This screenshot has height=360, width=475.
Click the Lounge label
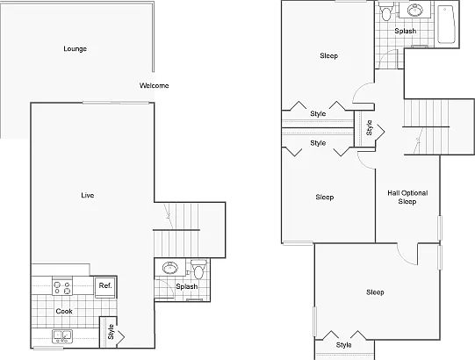(76, 49)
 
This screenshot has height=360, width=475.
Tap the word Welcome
(155, 85)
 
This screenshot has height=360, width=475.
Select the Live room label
(88, 195)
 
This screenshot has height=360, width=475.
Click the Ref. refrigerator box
(105, 287)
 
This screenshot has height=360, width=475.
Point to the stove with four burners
(62, 286)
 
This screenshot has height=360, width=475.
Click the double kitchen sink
(62, 336)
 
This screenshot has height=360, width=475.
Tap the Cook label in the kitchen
(64, 311)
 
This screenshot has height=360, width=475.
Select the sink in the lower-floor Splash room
(170, 268)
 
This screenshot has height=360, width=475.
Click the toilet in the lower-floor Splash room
(198, 269)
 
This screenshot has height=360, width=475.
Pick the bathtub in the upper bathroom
(446, 25)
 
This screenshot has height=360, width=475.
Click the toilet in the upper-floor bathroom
(386, 11)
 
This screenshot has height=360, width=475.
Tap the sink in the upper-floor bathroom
(415, 10)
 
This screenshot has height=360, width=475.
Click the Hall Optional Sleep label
(407, 198)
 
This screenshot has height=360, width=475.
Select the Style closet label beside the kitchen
(111, 332)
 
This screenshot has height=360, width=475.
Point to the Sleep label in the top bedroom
(329, 56)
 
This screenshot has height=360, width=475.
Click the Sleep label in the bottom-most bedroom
(375, 292)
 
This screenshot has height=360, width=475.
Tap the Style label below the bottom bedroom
(344, 345)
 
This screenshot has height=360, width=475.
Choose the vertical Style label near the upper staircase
(369, 127)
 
